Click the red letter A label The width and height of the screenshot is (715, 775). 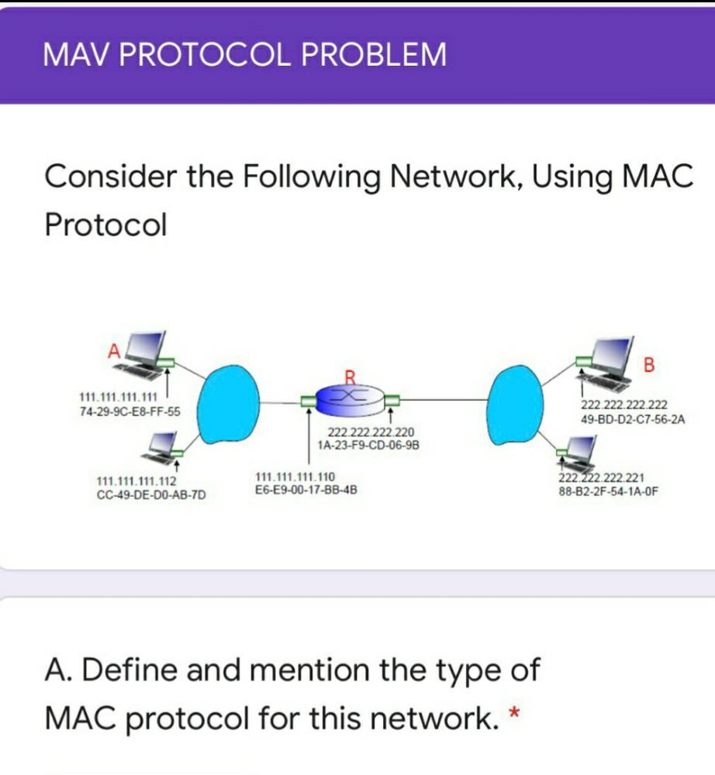pos(113,350)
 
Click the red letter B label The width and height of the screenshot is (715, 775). pos(649,363)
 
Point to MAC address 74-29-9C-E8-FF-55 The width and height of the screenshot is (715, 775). pos(130,411)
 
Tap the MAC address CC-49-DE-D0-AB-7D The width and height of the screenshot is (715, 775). pos(151,494)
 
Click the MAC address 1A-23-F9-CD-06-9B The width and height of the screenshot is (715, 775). pos(368,445)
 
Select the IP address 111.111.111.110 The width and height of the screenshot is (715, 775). pos(295,477)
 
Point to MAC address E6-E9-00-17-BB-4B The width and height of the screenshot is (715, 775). pos(306,490)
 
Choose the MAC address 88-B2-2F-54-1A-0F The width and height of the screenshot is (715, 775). pos(608,491)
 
